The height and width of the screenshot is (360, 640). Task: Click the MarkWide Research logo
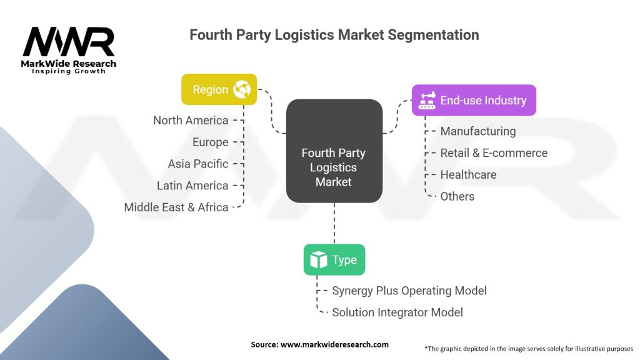pyautogui.click(x=69, y=49)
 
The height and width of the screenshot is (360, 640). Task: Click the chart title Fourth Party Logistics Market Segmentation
pyautogui.click(x=334, y=34)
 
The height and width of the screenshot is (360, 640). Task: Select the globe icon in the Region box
pyautogui.click(x=241, y=89)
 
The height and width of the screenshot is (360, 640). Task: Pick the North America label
pyautogui.click(x=191, y=120)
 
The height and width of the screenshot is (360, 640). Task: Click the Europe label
pyautogui.click(x=210, y=142)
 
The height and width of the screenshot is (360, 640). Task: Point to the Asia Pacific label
pyautogui.click(x=197, y=164)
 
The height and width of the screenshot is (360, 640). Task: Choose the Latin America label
pyautogui.click(x=192, y=186)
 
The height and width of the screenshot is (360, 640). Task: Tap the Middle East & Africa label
pyautogui.click(x=176, y=207)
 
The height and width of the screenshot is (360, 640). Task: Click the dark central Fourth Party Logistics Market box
pyautogui.click(x=334, y=151)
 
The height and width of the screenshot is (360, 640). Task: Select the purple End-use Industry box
pyautogui.click(x=474, y=100)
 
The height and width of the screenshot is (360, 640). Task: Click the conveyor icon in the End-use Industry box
pyautogui.click(x=427, y=100)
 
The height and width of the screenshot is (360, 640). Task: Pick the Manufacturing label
pyautogui.click(x=478, y=131)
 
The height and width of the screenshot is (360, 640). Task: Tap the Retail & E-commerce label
pyautogui.click(x=494, y=153)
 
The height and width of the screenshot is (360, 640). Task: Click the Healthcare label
pyautogui.click(x=468, y=174)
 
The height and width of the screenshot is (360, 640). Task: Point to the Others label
pyautogui.click(x=457, y=196)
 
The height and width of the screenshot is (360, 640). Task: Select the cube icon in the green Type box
pyautogui.click(x=319, y=260)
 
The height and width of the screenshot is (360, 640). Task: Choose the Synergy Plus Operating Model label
pyautogui.click(x=409, y=291)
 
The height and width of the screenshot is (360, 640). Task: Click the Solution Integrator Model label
pyautogui.click(x=397, y=312)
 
